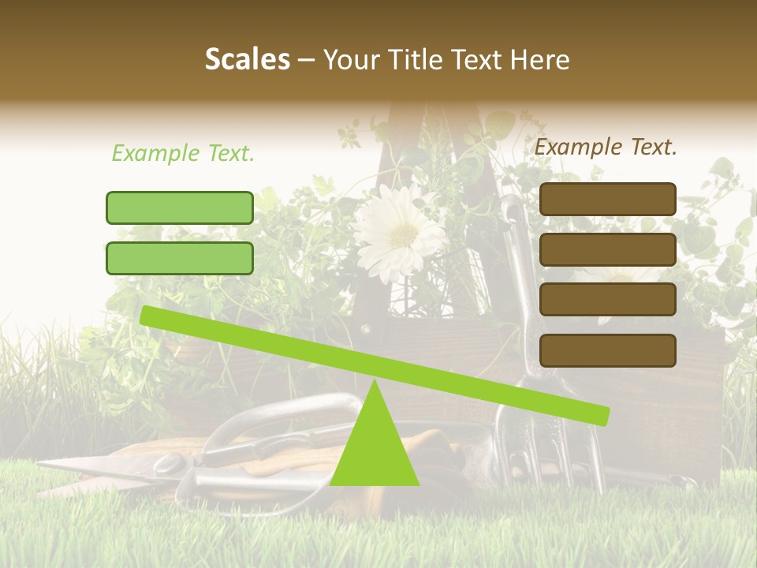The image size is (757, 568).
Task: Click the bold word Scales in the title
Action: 247,59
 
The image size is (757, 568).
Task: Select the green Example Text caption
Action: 183,153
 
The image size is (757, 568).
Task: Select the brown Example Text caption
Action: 606,147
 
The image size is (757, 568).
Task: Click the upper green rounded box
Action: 180,207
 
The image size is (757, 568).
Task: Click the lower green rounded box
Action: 180,258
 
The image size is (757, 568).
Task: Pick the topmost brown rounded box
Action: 607,199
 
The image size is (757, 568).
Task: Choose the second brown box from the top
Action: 607,249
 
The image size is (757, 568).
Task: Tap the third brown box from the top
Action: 607,300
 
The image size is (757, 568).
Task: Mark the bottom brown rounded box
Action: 607,350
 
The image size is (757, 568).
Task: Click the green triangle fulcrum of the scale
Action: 375,446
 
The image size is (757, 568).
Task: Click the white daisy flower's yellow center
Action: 403,232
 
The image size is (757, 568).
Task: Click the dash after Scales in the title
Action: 306,60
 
